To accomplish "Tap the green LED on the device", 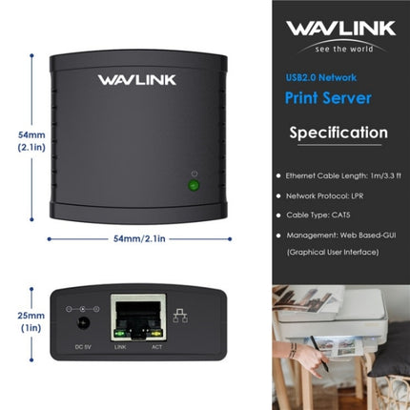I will point(194,185).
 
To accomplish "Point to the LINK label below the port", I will point(120,347).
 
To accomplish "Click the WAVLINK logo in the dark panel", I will point(341,28).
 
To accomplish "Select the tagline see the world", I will point(340,48).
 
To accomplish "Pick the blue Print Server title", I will point(327,98).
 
